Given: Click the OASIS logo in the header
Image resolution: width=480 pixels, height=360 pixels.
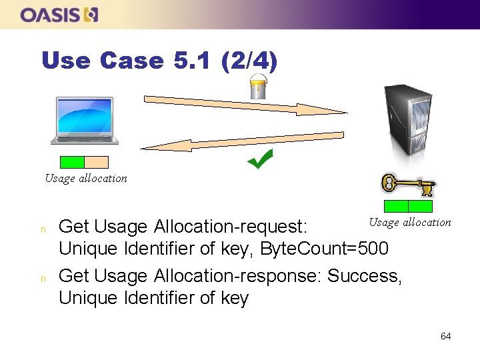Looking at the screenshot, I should coord(59,14).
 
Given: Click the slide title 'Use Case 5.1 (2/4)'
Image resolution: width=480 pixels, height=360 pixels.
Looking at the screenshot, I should coord(159,61).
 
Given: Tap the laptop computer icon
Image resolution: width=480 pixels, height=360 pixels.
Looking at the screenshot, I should coord(85,120).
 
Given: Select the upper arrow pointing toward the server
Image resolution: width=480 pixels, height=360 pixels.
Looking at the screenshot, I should coord(244,105).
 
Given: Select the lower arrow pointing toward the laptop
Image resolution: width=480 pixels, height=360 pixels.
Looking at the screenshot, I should coord(241,141).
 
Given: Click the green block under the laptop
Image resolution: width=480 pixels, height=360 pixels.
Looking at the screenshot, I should coord(72,162).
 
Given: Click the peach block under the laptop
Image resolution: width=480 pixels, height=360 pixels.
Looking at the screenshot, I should coord(96,162).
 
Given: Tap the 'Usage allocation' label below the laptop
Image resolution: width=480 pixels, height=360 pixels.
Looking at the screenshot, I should coord(85,178).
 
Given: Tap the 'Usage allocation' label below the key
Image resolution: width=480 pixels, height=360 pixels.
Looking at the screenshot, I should coord(410,222).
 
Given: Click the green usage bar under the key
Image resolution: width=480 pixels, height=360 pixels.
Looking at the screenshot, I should coord(408,206).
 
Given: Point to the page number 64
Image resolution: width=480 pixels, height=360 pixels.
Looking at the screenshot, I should coord(445,336).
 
